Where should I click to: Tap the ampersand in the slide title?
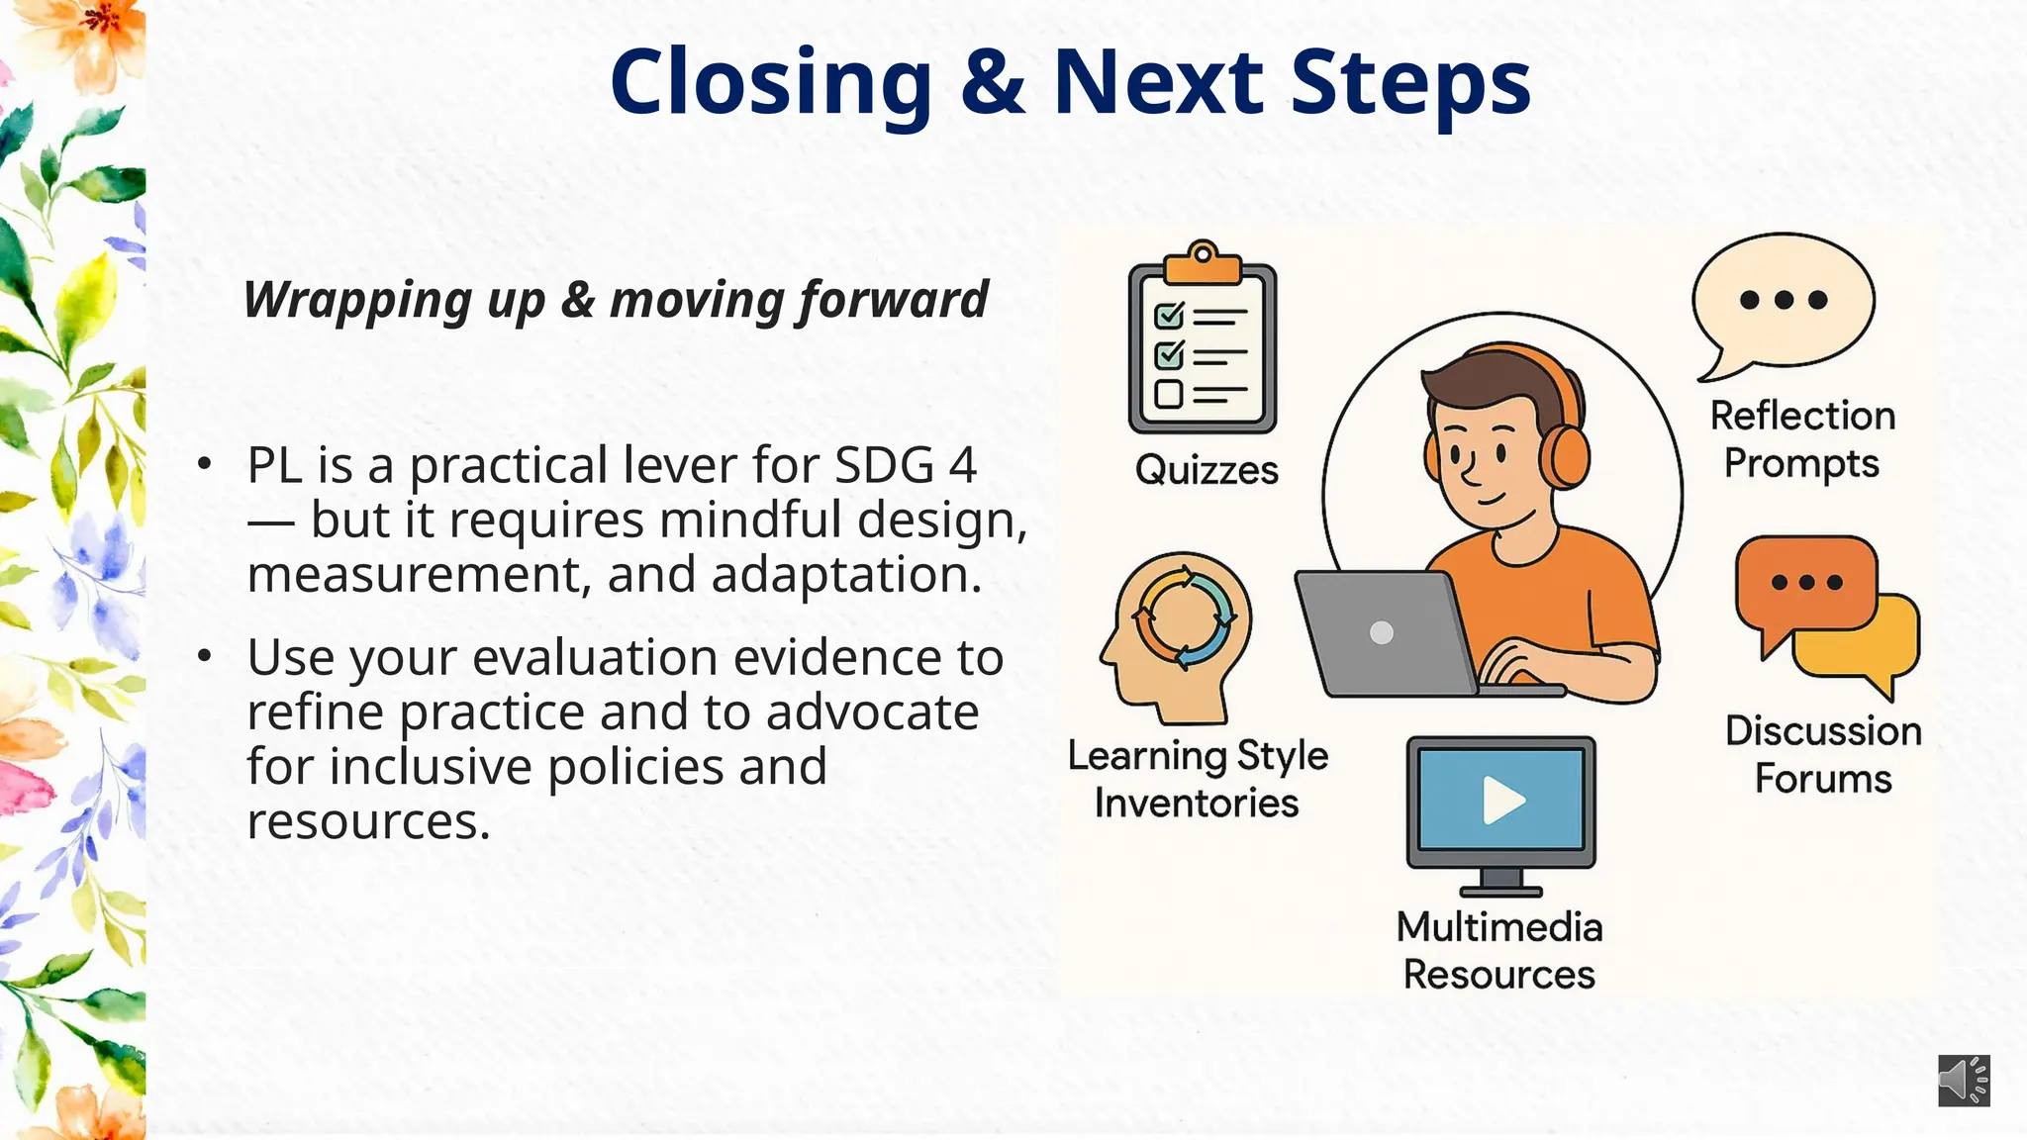coord(992,82)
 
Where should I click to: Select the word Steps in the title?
coord(1410,84)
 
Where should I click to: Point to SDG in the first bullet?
coord(885,465)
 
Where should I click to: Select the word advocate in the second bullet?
coord(872,712)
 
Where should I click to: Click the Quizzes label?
coord(1207,470)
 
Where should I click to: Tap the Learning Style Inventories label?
coord(1198,779)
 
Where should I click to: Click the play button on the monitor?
coord(1502,801)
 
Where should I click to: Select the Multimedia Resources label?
coord(1499,950)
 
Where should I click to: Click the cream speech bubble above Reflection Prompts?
coord(1784,302)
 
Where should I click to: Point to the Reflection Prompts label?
coord(1802,439)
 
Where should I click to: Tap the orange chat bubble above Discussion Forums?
coord(1804,584)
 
